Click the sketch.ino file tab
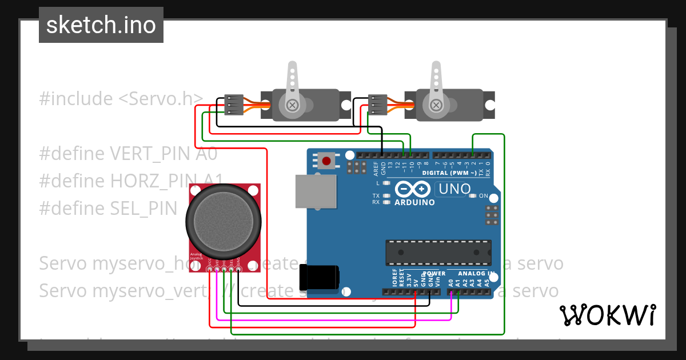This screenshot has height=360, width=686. pos(101,25)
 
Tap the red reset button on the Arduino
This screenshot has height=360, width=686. pos(326,161)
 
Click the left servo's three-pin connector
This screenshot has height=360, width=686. pos(234,105)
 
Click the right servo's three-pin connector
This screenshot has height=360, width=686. pos(377,105)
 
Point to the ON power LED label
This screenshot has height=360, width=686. pos(484,196)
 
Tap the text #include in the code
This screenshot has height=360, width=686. pos(76,99)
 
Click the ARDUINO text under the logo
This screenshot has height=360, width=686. pos(414,202)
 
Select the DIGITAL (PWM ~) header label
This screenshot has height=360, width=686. pos(449,173)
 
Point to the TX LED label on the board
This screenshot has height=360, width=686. pos(376,195)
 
